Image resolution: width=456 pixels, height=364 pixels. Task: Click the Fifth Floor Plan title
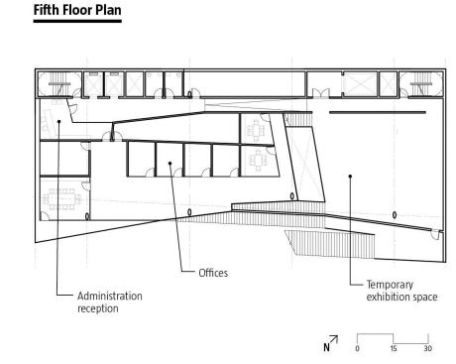click(x=77, y=10)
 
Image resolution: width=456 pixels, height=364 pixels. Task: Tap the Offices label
click(x=213, y=273)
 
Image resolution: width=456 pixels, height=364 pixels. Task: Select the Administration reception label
click(x=110, y=302)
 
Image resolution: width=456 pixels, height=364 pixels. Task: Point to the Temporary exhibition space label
click(x=401, y=291)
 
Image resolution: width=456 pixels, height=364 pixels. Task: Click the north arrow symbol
click(x=330, y=343)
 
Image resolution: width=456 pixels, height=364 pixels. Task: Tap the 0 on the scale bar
click(x=357, y=348)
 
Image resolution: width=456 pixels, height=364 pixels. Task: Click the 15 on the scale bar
click(x=394, y=348)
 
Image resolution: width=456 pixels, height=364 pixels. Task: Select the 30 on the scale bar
click(x=428, y=348)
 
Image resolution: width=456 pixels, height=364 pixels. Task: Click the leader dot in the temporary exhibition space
click(x=350, y=177)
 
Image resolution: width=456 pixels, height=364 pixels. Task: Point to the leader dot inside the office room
click(x=171, y=163)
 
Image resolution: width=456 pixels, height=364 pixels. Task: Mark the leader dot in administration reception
click(x=58, y=121)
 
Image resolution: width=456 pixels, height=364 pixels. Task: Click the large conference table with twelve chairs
click(x=61, y=199)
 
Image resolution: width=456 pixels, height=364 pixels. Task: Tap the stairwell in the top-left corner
click(x=58, y=83)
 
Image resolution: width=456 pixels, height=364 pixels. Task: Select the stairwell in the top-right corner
click(x=421, y=84)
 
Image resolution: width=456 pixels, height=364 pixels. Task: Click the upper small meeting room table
click(x=256, y=130)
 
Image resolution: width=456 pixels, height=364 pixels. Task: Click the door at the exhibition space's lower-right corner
click(x=436, y=234)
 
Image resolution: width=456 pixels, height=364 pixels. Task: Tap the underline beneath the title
click(x=77, y=21)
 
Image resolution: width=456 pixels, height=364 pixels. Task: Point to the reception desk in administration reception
click(x=48, y=123)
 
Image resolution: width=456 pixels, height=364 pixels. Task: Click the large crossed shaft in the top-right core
click(x=360, y=84)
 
